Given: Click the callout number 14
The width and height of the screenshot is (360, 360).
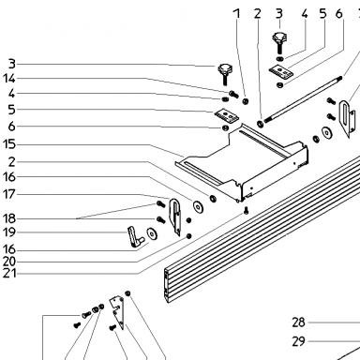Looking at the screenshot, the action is [9, 79].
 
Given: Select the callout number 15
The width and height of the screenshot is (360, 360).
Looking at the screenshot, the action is [9, 144].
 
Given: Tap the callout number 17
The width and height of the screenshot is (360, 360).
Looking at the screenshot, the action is [9, 194].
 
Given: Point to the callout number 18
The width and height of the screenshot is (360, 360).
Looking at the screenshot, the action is [9, 218].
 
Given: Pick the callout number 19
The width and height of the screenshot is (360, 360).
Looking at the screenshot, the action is [9, 232].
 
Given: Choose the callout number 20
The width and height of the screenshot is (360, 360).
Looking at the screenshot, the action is [9, 262].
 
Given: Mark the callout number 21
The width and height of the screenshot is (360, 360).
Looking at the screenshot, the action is [9, 274].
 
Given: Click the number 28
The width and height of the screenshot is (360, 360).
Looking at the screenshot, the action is [298, 322].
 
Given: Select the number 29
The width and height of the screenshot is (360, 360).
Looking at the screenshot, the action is [298, 341].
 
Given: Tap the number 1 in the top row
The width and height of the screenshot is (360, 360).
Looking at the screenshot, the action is [237, 14].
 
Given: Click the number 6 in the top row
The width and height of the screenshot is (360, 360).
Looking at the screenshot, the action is [339, 14].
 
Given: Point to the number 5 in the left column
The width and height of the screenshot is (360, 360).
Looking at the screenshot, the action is [11, 110].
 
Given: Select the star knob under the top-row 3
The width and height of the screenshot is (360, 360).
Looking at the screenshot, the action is [278, 42].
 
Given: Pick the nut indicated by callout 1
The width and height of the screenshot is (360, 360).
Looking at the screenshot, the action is [246, 101].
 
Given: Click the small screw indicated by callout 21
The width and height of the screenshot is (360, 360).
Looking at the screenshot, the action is [247, 210].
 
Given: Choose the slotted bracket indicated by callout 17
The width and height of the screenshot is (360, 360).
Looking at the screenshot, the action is [175, 217].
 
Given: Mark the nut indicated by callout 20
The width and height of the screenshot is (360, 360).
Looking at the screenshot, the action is [188, 235].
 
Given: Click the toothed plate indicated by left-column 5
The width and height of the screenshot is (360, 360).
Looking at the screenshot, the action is [227, 114].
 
